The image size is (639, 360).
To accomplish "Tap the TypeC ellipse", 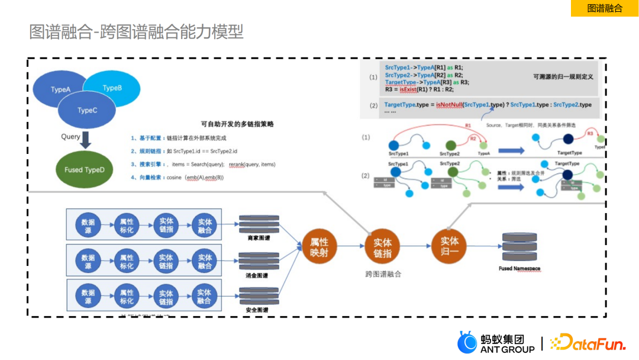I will coord(87,111).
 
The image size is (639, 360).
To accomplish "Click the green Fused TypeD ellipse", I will coord(84,169).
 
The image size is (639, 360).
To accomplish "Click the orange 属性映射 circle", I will coord(319,247).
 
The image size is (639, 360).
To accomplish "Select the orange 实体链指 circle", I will coord(382,247).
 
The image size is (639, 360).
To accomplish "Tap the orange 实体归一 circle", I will coord(449,246).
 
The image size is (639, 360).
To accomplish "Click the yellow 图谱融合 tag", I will coord(604,8).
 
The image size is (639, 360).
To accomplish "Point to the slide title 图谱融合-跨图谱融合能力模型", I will coord(136,31).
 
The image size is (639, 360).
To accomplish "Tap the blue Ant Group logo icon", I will coord(467,343).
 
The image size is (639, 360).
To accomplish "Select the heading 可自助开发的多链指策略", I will coord(237,124).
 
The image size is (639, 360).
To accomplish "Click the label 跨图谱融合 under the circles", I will coord(383,274).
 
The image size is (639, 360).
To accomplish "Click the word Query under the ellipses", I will coord(70,137).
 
